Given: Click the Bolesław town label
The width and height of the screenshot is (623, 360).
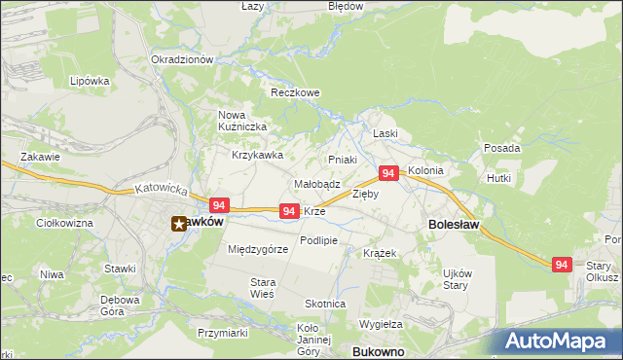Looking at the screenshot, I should coord(451,224).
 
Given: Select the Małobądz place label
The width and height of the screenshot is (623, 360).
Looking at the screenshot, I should coord(316,183).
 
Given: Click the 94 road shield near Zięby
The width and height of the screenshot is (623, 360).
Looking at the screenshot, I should coord(388,173).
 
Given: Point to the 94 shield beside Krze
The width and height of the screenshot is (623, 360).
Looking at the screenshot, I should coord(289,210).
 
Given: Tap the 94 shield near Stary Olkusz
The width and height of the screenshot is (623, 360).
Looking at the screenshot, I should coord(561,264).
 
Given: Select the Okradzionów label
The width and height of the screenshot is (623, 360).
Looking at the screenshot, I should coord(182,59).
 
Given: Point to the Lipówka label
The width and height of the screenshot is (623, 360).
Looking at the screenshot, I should coord(89,81).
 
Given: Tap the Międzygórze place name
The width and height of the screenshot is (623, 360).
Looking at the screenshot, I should coord(258,250).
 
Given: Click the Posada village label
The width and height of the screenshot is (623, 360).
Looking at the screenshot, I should coord(501,148).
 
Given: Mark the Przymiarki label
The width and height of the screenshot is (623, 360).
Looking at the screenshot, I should coord(222,333).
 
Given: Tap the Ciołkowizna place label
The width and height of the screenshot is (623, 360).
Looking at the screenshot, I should coord(63,223).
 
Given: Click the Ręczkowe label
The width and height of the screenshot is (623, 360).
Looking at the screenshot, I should coord(295,93).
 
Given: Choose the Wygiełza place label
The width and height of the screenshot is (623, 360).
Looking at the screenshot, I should coord(381,323).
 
